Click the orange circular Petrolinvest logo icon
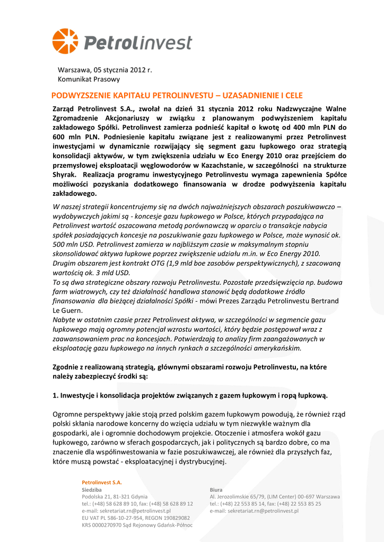click(65, 41)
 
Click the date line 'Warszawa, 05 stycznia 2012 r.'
click(104, 70)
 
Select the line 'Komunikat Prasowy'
click(89, 79)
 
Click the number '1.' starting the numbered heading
click(56, 395)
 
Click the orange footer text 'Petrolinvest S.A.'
click(102, 482)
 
